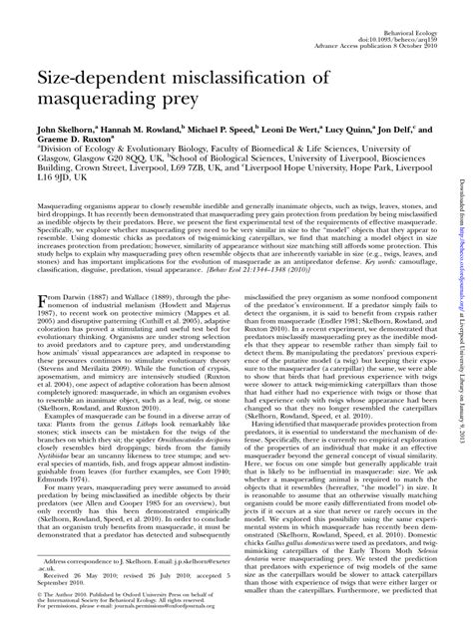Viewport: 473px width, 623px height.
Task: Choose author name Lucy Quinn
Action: [357, 130]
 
